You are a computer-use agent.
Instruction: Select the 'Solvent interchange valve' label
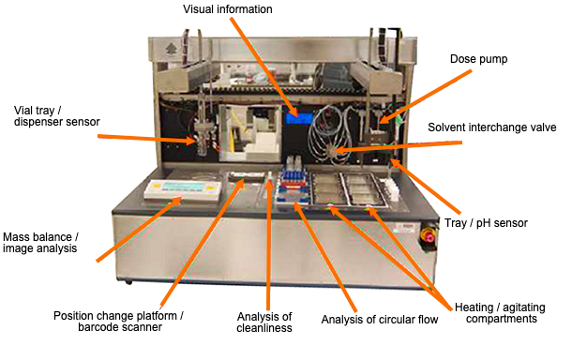point(492,127)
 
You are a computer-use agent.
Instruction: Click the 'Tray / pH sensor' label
point(500,222)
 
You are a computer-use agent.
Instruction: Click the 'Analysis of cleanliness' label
point(263,322)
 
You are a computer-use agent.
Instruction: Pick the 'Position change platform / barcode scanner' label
point(118,322)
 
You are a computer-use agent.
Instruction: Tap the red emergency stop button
point(430,235)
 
